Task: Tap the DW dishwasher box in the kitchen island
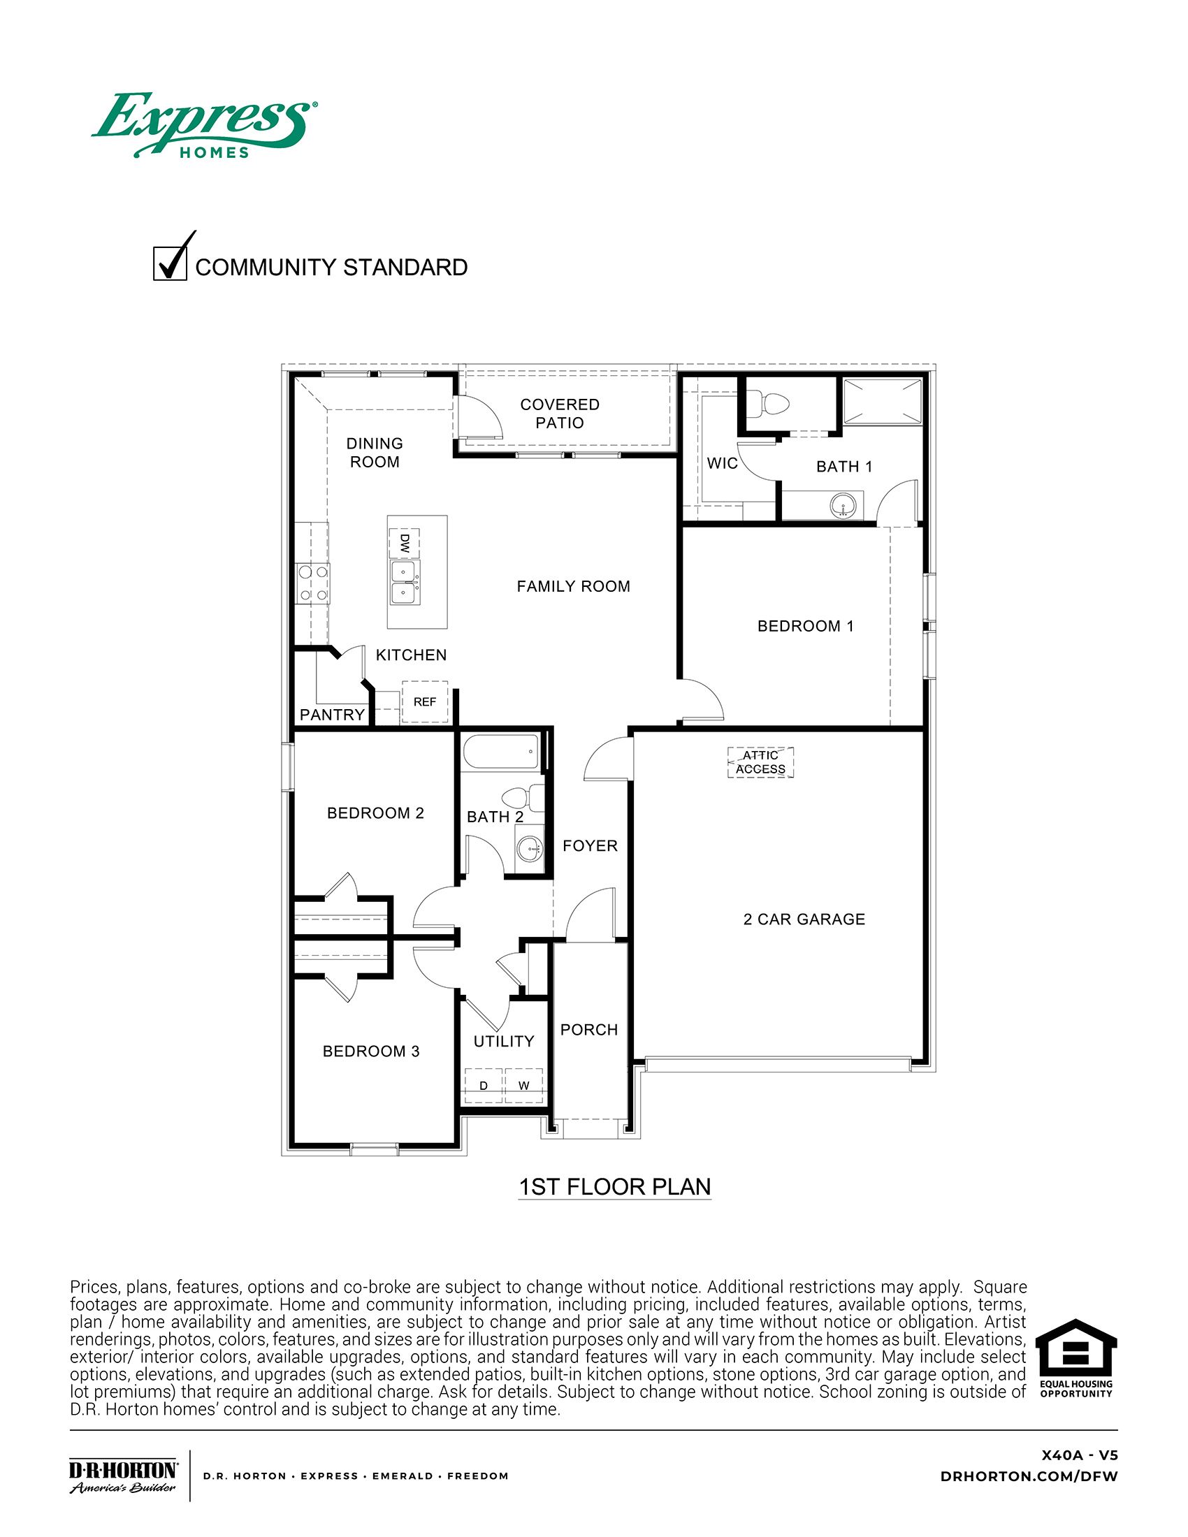coord(405,543)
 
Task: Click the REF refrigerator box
coord(424,701)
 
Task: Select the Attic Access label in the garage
coord(760,762)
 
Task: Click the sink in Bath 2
coord(528,850)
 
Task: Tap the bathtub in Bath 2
coord(501,753)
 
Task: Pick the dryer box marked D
coord(484,1085)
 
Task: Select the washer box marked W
coord(523,1085)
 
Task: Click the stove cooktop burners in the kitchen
coord(312,583)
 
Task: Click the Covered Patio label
coord(560,413)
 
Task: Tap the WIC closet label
coord(722,463)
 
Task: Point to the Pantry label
coord(332,715)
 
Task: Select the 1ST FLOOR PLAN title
coord(614,1186)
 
